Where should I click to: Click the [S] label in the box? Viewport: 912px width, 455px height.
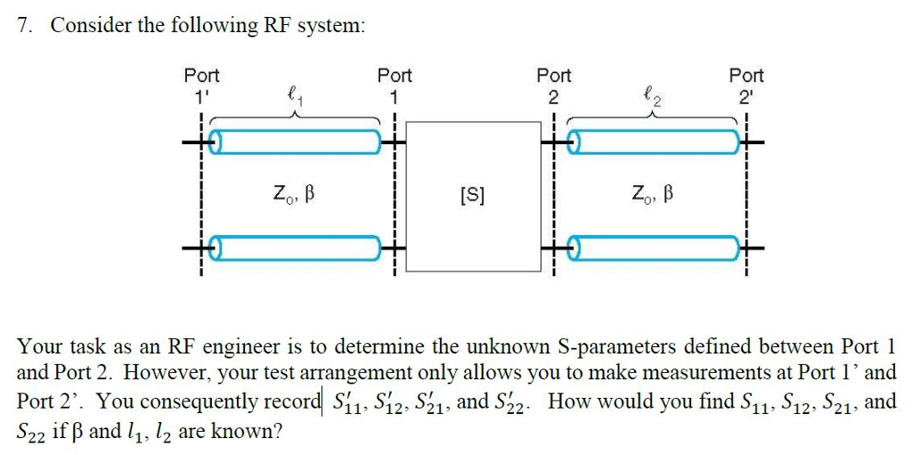tap(472, 193)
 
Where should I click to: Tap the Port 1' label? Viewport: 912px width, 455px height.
tap(201, 85)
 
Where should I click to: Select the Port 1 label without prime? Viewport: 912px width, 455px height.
tap(395, 85)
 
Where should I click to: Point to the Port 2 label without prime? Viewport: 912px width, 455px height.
tap(553, 85)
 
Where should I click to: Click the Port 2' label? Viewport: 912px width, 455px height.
tap(746, 85)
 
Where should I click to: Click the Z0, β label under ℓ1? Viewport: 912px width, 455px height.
tap(294, 193)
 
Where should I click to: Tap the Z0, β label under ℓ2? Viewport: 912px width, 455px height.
tap(647, 193)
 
